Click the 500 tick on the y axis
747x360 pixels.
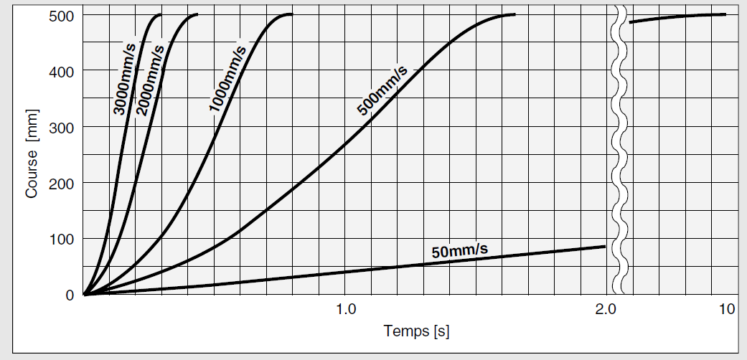pyautogui.click(x=60, y=16)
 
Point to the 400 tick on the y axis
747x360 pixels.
pyautogui.click(x=60, y=72)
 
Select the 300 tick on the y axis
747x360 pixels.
pyautogui.click(x=60, y=128)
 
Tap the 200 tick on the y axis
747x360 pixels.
pyautogui.click(x=60, y=183)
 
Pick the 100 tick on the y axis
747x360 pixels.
pyautogui.click(x=60, y=239)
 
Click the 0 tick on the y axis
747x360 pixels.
pyautogui.click(x=70, y=295)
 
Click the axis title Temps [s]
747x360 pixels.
pyautogui.click(x=416, y=331)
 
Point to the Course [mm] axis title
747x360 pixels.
pyautogui.click(x=32, y=155)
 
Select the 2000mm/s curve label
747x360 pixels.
pyautogui.click(x=151, y=80)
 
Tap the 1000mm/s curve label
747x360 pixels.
pyautogui.click(x=228, y=78)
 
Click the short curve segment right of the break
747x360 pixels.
pyautogui.click(x=677, y=17)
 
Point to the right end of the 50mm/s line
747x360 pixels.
pyautogui.click(x=605, y=247)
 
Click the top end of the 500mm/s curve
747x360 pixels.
pyautogui.click(x=513, y=14)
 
